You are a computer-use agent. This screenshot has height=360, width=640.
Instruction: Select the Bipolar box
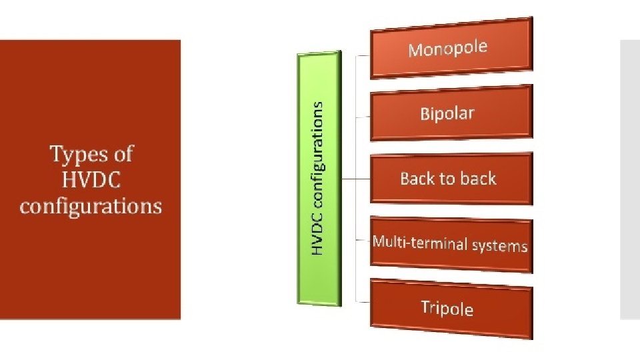(451, 113)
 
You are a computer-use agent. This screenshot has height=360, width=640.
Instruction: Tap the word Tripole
(447, 308)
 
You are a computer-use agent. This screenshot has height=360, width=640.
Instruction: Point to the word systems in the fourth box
(499, 246)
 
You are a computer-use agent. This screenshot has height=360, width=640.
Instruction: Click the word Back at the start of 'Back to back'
(417, 179)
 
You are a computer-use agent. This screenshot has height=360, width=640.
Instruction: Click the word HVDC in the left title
(91, 180)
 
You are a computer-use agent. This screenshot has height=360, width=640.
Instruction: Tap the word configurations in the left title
(91, 206)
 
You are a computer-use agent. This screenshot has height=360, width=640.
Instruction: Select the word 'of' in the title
(122, 155)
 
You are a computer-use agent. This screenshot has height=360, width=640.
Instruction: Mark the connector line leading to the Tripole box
(363, 299)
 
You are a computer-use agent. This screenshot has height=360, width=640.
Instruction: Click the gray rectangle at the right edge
(629, 179)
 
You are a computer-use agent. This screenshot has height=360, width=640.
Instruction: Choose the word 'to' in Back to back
(448, 179)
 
